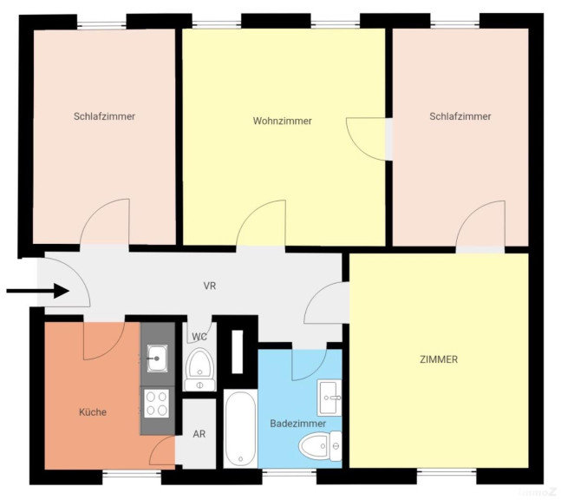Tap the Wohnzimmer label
(282, 121)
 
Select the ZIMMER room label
(440, 359)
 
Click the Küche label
(92, 412)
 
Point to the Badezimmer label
(298, 423)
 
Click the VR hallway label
(209, 286)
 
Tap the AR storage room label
(199, 434)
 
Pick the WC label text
(199, 336)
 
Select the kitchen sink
(157, 357)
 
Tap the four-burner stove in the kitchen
(157, 402)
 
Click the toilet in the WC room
(199, 368)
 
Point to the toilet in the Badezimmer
(314, 447)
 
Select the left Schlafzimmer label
(104, 116)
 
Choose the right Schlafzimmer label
(460, 116)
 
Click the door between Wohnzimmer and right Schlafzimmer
(367, 137)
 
